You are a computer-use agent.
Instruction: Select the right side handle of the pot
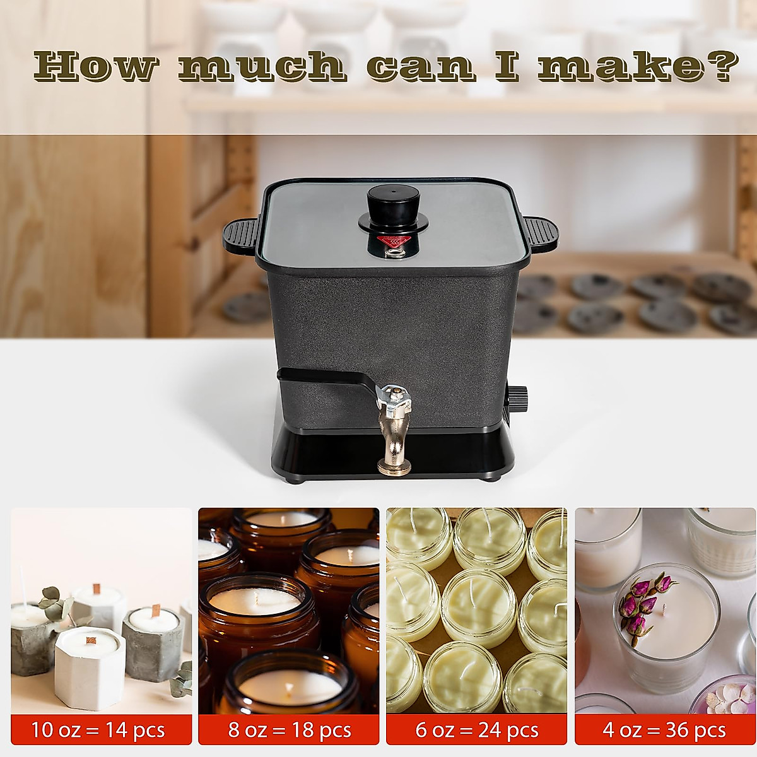(x=541, y=233)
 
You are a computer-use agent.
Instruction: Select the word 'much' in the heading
(x=262, y=66)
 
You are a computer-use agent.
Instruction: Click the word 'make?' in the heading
(x=637, y=66)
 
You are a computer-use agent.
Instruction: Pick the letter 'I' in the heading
(x=507, y=66)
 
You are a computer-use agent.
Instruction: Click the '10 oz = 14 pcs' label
(x=98, y=730)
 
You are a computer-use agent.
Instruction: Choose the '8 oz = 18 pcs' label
(x=290, y=730)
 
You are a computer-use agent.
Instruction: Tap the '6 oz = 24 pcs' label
(x=477, y=730)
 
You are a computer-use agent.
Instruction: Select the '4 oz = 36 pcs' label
(x=664, y=730)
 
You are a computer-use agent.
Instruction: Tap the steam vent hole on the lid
(x=396, y=254)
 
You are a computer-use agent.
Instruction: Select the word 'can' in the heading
(x=420, y=66)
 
